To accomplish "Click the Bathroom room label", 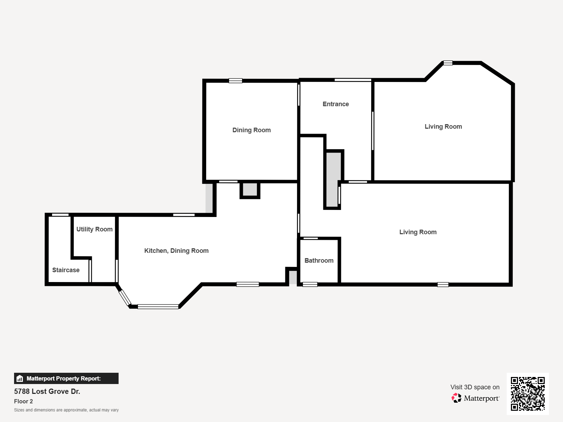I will pos(319,261).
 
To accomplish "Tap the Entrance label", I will pos(336,104).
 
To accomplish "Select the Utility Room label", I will pos(94,229).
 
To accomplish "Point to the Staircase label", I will pos(66,270).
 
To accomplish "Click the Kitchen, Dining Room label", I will pos(176,251).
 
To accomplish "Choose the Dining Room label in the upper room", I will pos(252,130).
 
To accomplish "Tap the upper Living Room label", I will pos(443,127).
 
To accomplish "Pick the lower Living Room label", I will pos(418,232).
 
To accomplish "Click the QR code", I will pos(527,394).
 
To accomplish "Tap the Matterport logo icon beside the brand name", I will pos(456,398).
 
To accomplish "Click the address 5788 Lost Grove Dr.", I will pos(47,391).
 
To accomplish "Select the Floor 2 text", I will pos(24,401).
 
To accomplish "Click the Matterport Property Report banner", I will pos(66,378).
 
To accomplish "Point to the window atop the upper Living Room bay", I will pos(448,63).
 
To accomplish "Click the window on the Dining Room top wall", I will pos(235,81).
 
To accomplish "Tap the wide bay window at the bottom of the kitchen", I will pos(158,307).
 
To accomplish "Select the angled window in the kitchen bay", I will pos(125,298).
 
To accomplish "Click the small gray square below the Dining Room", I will pos(250,190).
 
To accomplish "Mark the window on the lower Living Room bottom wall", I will pos(443,284).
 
